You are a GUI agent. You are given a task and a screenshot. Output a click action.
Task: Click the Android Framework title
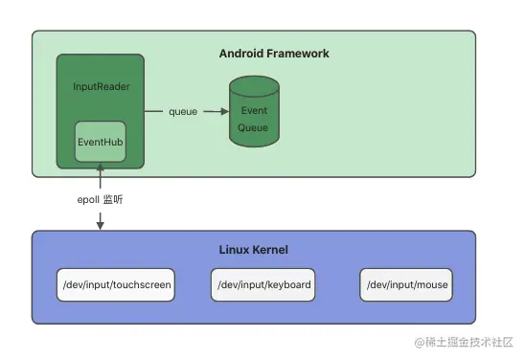[274, 54]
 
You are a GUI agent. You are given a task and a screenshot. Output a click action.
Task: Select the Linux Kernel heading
[254, 250]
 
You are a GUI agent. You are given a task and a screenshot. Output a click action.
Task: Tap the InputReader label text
[101, 86]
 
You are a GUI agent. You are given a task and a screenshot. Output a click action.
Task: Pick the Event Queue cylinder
[253, 115]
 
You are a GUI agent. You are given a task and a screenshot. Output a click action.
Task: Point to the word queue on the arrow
[183, 112]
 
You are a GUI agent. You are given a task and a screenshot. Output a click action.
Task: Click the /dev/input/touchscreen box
[116, 285]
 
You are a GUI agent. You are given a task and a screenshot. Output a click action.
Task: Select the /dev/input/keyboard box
[263, 285]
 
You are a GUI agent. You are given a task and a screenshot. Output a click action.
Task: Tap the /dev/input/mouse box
[404, 285]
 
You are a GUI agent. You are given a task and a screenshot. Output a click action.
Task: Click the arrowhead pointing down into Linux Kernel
[100, 226]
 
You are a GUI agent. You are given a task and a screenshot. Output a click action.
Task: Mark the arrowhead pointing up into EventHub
[100, 169]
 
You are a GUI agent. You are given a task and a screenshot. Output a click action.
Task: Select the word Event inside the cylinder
[253, 110]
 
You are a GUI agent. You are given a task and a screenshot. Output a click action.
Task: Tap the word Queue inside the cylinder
[253, 127]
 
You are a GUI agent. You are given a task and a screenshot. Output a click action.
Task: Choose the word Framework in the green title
[299, 54]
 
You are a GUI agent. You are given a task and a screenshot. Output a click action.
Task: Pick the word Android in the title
[242, 54]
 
